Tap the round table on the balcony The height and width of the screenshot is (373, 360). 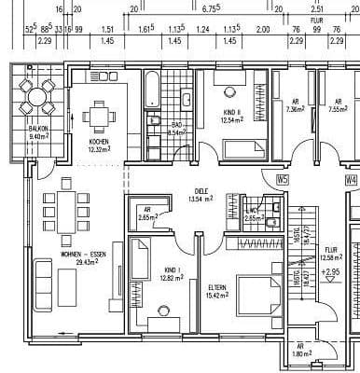coord(37,96)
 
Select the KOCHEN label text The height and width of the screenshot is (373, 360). coord(99,143)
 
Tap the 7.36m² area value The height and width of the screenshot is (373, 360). coord(295,108)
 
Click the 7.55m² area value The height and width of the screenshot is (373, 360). coord(337,108)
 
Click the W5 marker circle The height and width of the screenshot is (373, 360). coord(284,181)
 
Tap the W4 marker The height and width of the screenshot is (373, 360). coord(350,181)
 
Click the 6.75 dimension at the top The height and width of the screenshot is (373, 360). coord(211,7)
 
